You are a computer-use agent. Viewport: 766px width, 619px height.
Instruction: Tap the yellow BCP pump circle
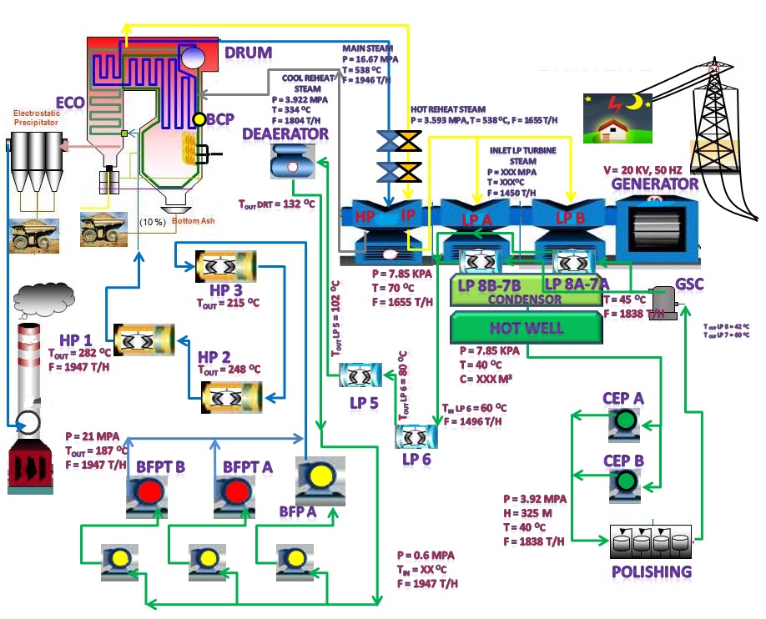point(199,119)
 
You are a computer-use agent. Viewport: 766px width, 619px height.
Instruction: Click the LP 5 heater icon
point(360,376)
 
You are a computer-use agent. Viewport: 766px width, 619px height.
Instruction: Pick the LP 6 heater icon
point(415,436)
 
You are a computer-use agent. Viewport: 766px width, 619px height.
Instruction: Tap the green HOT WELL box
point(527,327)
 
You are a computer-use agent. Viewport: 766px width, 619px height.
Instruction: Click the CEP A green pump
point(622,423)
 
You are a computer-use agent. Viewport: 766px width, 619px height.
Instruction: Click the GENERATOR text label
point(655,184)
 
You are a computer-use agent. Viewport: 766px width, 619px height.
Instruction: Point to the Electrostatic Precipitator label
point(35,116)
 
